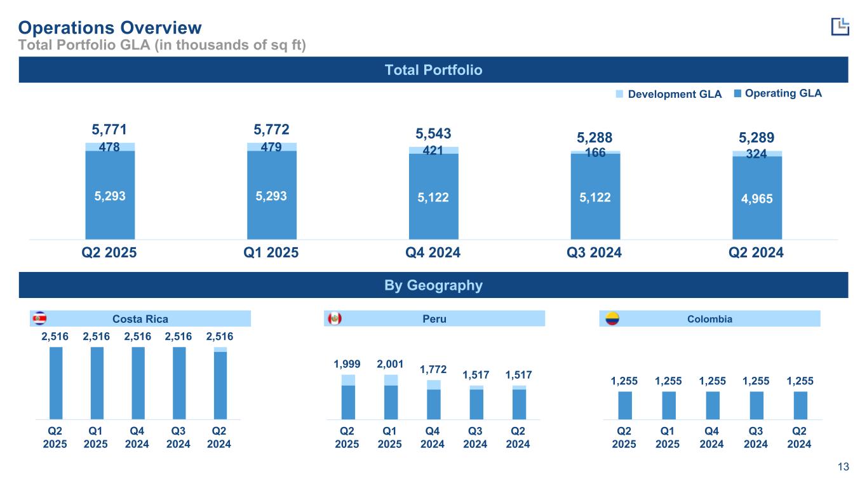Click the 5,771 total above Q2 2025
(x=110, y=130)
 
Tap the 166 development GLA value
(x=595, y=152)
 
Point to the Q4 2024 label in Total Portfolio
(x=433, y=252)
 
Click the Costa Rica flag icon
(x=39, y=318)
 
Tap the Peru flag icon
(x=333, y=318)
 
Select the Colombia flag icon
(x=612, y=318)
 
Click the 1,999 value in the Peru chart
(x=347, y=364)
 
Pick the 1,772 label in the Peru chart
(x=433, y=370)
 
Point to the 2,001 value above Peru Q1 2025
(x=390, y=364)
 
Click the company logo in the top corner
(x=840, y=26)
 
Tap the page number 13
(x=843, y=468)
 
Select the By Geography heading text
(x=433, y=285)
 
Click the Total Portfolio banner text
(x=433, y=70)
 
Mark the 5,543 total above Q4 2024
(x=433, y=133)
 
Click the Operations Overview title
(x=110, y=27)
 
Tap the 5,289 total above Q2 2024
(x=757, y=137)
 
